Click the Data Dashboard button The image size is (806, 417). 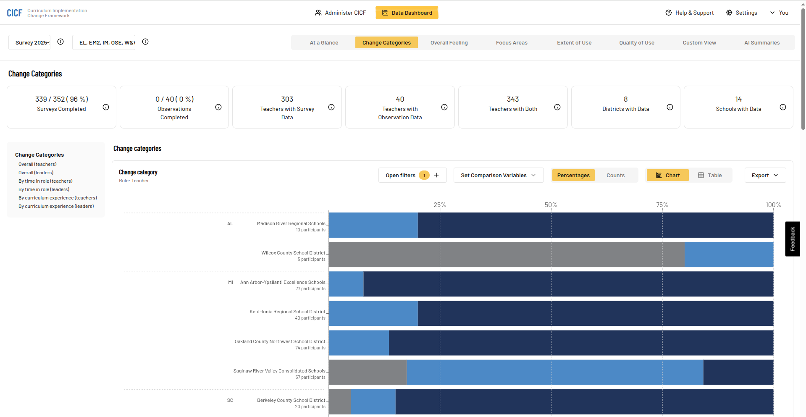pos(407,13)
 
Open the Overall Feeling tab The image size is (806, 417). pos(449,42)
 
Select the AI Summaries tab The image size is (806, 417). pos(761,42)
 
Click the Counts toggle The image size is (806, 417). pos(615,175)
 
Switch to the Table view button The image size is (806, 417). pos(710,175)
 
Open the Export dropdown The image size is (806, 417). pos(765,175)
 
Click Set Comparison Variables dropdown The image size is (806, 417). pos(498,175)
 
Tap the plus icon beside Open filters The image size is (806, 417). pos(436,175)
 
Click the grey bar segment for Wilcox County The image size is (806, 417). pos(506,254)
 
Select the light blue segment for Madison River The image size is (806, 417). pos(373,225)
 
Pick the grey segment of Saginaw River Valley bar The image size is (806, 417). pos(368,372)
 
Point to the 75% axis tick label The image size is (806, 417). pos(662,205)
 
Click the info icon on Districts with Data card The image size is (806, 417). pos(670,107)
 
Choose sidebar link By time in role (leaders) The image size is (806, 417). pos(44,189)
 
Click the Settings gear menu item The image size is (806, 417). pos(741,13)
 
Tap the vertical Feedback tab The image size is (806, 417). pos(792,239)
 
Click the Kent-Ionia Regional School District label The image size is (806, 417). pos(287,312)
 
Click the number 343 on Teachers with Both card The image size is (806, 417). pos(512,99)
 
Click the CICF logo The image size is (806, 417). pos(14,13)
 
